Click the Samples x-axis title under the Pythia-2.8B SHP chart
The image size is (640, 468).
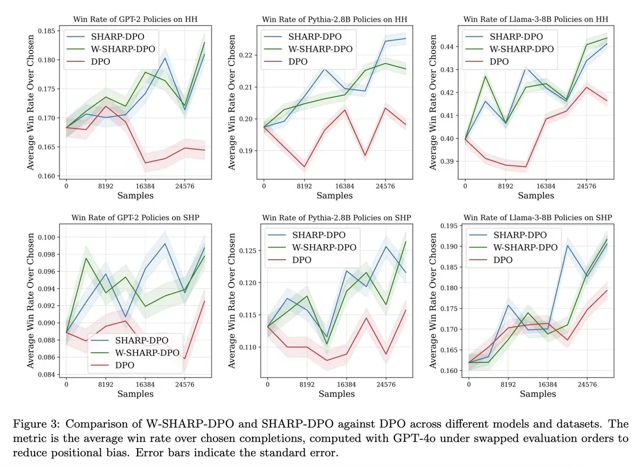(x=334, y=394)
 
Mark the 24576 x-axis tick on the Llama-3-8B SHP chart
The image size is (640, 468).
(x=587, y=382)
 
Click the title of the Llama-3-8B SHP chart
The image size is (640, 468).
(x=538, y=217)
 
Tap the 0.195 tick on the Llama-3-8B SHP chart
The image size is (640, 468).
(x=449, y=226)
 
